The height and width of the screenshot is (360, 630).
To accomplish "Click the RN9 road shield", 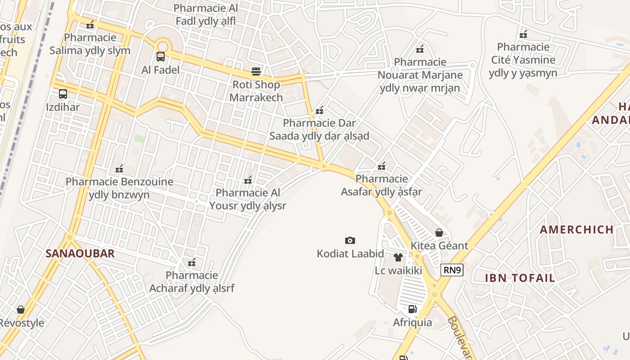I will click(452, 270).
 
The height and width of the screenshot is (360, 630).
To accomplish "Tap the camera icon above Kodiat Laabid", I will click(350, 241).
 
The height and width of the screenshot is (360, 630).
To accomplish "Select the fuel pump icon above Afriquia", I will click(412, 309).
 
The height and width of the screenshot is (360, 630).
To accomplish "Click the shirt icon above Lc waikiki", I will click(398, 257).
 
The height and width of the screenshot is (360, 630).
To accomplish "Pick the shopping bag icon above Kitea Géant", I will click(439, 233).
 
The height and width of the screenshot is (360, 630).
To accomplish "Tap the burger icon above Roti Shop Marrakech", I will click(256, 72).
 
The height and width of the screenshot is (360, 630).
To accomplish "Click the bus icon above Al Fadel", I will click(161, 57).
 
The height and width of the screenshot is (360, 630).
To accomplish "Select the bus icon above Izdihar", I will click(63, 94).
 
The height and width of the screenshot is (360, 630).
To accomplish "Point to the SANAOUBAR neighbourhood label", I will click(80, 253).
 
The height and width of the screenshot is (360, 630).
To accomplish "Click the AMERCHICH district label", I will click(577, 229).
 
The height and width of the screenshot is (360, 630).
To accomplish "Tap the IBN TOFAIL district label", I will click(520, 278).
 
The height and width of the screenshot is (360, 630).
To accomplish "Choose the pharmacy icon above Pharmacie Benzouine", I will click(119, 169).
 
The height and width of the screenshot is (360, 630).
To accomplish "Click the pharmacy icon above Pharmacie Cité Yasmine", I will click(523, 34).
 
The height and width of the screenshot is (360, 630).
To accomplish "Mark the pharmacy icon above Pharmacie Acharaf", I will click(192, 262).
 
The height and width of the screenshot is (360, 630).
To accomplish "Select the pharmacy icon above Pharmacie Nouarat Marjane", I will click(420, 49).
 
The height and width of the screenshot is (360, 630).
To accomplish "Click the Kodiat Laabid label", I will click(350, 254).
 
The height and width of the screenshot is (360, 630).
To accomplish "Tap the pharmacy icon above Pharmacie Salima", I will click(90, 25).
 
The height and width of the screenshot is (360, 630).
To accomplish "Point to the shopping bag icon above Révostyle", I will click(21, 310).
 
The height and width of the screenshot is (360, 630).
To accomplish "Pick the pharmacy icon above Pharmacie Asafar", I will click(382, 166).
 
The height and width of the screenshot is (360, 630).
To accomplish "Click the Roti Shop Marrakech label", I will click(256, 91).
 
